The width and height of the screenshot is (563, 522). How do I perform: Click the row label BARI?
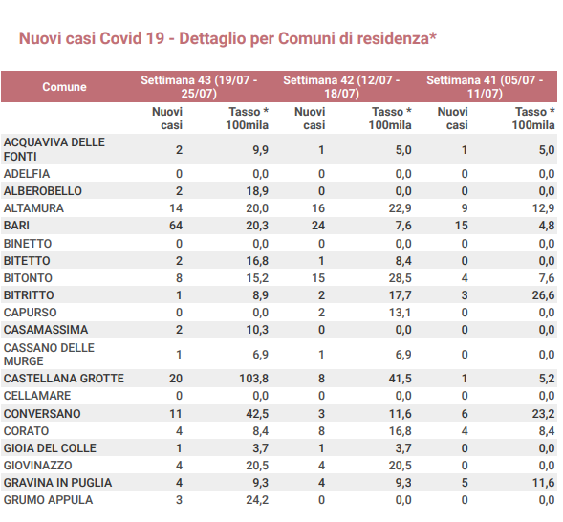click(16, 226)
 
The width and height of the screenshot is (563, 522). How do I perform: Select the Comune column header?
click(64, 86)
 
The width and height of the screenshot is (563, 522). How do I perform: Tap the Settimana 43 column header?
click(199, 86)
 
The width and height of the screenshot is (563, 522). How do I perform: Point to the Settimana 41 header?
click(485, 86)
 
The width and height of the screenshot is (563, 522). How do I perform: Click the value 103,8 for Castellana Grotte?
click(254, 379)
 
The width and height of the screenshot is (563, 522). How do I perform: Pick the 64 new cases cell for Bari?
click(176, 226)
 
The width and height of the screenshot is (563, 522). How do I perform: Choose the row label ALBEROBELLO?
click(43, 191)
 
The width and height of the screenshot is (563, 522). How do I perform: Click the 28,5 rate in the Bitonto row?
click(400, 278)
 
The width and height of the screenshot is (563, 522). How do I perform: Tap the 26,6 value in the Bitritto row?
click(543, 295)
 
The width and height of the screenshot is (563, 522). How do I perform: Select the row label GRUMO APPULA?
click(48, 500)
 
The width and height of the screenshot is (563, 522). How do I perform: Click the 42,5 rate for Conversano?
click(257, 414)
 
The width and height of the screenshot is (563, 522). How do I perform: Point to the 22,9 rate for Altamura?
click(400, 208)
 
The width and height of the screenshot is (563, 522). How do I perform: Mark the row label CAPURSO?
click(31, 313)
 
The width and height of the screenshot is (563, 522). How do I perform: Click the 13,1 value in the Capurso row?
click(400, 313)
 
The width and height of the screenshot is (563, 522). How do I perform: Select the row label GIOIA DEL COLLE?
click(50, 448)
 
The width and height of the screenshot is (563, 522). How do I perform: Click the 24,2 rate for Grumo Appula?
click(257, 500)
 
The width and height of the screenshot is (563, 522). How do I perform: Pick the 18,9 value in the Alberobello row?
click(257, 191)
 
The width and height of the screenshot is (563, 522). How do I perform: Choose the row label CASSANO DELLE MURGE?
click(49, 355)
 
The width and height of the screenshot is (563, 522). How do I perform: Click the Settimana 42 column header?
click(341, 86)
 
